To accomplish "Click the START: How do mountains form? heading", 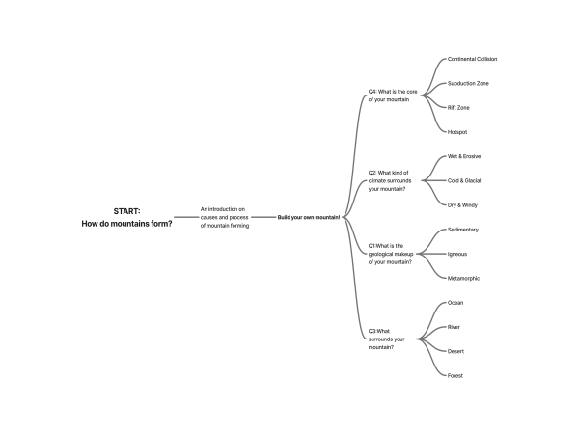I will (127, 217).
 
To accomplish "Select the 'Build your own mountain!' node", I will (309, 217).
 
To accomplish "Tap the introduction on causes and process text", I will (225, 217).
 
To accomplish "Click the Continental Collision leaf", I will (472, 59).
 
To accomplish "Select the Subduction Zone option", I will (468, 83).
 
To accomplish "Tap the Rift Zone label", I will (458, 107).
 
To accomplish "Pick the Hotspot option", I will (457, 131).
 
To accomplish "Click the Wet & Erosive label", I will (464, 156).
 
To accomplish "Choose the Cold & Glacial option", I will (465, 180).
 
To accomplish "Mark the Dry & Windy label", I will (463, 204).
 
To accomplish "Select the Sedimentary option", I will (463, 230).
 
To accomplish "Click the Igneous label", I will (457, 254).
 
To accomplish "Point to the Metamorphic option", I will (464, 278).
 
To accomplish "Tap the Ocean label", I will (455, 303).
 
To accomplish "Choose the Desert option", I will (456, 351).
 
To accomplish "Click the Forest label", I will (455, 375).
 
